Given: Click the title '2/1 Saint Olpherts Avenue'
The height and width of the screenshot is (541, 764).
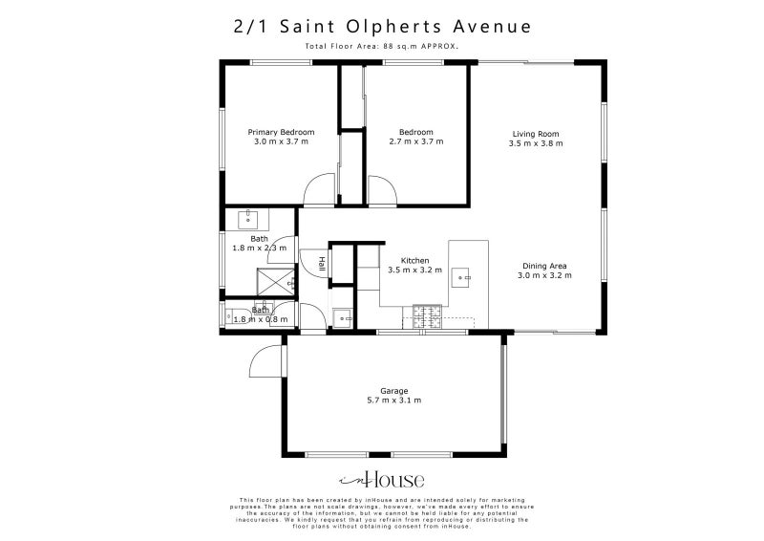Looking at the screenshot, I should [382, 27].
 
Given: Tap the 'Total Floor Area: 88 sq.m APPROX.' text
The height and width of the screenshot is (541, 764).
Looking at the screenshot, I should [382, 46].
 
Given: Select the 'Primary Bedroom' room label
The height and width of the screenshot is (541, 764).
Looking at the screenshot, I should [281, 132].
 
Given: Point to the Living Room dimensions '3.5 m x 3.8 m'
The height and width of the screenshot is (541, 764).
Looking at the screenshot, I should [535, 143].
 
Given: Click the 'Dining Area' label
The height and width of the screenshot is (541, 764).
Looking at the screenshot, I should [544, 266].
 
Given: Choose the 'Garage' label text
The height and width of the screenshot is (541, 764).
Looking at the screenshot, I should [394, 390].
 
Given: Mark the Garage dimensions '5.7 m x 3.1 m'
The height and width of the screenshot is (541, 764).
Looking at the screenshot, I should [394, 400].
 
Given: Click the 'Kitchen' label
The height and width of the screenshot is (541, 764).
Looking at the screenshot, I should [414, 260].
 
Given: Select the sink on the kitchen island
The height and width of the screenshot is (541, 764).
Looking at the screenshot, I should [465, 279].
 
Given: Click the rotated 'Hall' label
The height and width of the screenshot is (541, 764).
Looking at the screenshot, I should [323, 265].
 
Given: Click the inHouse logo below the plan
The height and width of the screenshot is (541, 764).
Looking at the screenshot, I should [382, 480].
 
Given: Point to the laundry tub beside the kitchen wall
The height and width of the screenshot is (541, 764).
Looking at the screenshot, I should [341, 316].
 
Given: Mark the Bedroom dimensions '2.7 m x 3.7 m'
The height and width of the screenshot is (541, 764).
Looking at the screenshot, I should [415, 141].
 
